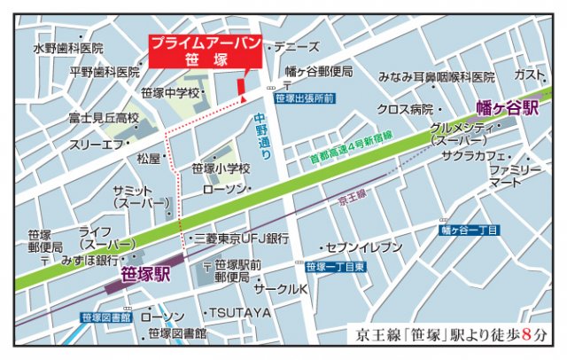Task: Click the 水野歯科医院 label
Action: [68, 48]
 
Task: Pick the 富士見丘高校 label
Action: [104, 118]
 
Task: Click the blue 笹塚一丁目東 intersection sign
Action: [336, 267]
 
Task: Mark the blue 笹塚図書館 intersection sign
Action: [105, 317]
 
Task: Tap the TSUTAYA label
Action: [239, 313]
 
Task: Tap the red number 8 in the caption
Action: [529, 335]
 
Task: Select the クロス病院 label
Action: [404, 109]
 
